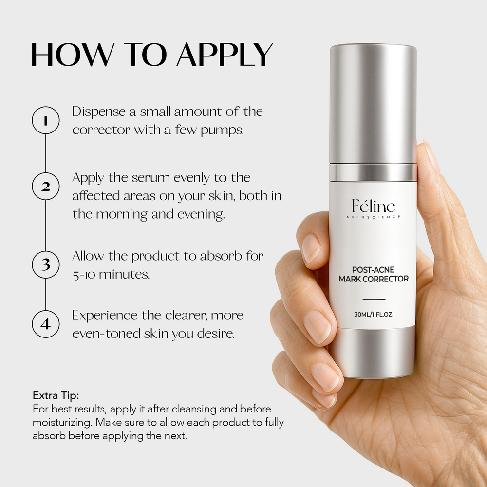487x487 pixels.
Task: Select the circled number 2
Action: [x=45, y=186]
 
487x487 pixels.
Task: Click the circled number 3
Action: [x=45, y=264]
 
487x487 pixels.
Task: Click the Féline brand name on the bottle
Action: [x=374, y=206]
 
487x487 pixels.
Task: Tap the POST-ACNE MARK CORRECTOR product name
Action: [x=374, y=274]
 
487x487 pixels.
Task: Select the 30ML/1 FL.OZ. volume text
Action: [x=374, y=315]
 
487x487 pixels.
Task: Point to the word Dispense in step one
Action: [x=96, y=112]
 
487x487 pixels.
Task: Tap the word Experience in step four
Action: [x=104, y=315]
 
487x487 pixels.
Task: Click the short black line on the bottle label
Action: [x=374, y=299]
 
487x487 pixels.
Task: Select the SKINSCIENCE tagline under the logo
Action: [x=374, y=217]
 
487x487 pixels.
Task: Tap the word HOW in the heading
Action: [x=63, y=55]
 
